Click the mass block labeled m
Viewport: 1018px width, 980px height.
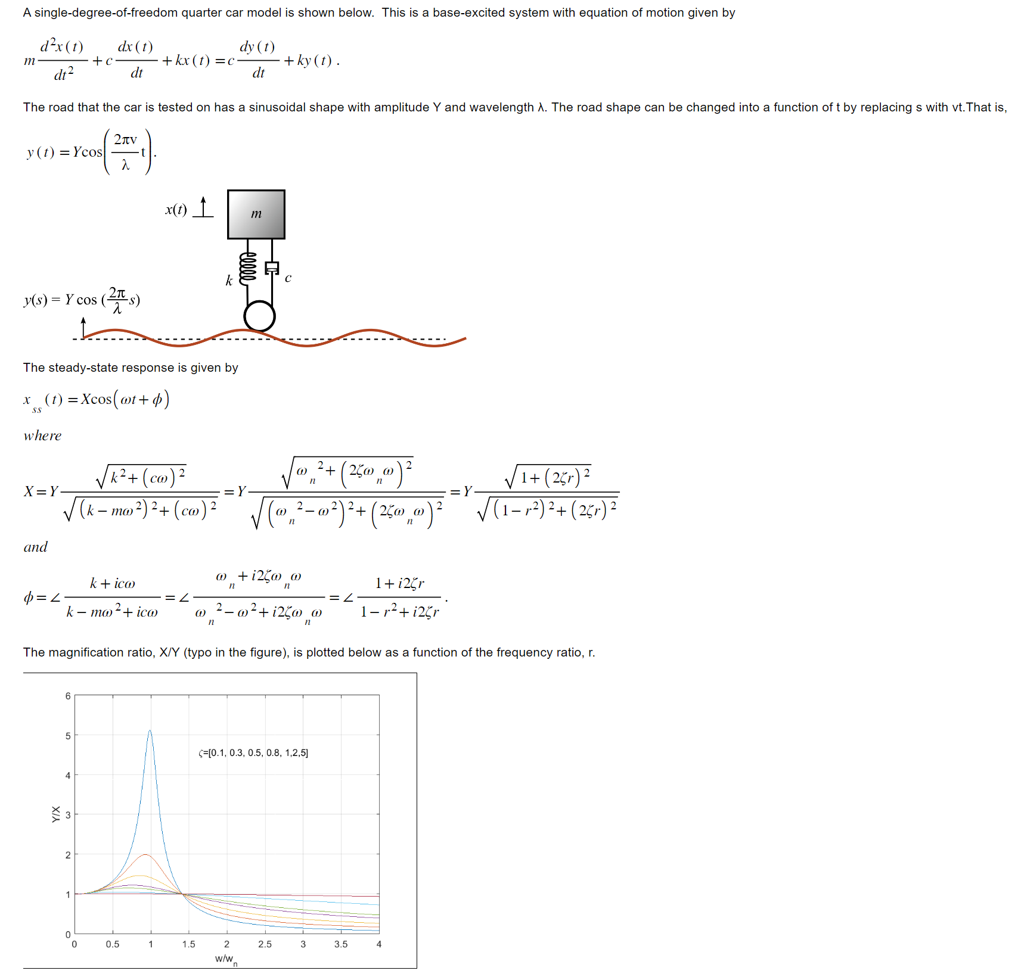pyautogui.click(x=256, y=214)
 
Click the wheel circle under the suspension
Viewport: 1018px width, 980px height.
pyautogui.click(x=260, y=316)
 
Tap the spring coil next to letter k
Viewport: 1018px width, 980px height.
pyautogui.click(x=247, y=268)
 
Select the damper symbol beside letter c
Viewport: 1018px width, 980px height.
pyautogui.click(x=272, y=268)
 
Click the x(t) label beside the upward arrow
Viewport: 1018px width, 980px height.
pyautogui.click(x=176, y=209)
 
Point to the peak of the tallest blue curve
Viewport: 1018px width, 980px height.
pyautogui.click(x=150, y=731)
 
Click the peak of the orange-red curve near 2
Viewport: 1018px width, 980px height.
pyautogui.click(x=145, y=854)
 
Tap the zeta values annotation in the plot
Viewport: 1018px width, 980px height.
pyautogui.click(x=253, y=753)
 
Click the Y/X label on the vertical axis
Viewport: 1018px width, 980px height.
pyautogui.click(x=56, y=814)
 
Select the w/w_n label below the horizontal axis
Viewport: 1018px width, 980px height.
pyautogui.click(x=226, y=959)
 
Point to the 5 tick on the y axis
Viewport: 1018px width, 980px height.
pyautogui.click(x=68, y=736)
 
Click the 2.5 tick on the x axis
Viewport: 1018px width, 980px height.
pyautogui.click(x=265, y=944)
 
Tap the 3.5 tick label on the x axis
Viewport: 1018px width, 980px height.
pyautogui.click(x=341, y=944)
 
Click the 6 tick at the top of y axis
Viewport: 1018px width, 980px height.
pyautogui.click(x=68, y=696)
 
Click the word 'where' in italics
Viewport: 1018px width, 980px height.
pyautogui.click(x=42, y=435)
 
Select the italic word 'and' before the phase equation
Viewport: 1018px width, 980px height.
pyautogui.click(x=35, y=547)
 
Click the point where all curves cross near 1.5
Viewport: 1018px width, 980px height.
pyautogui.click(x=184, y=894)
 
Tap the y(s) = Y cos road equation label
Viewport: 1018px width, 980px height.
pyautogui.click(x=82, y=299)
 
